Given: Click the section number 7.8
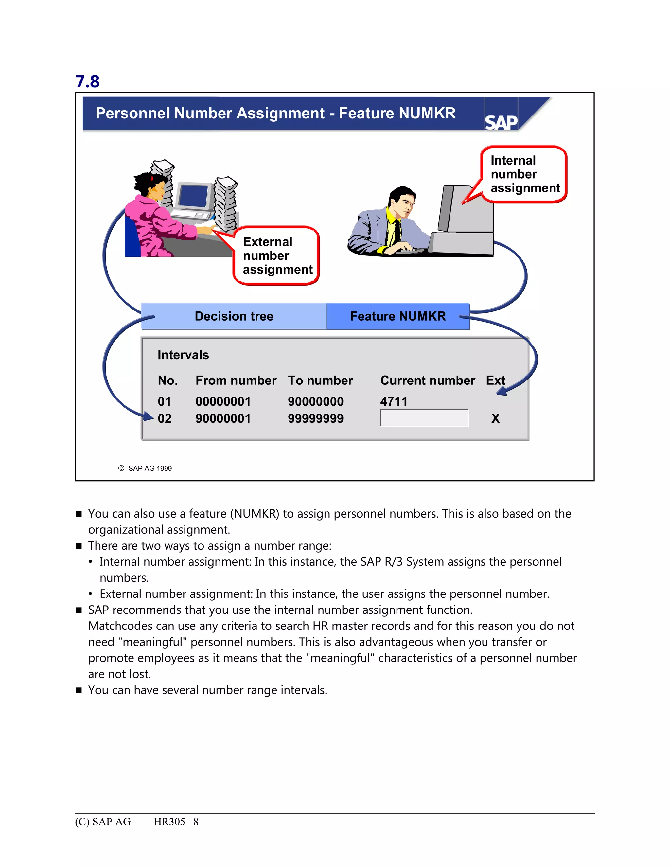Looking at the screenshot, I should [x=87, y=82].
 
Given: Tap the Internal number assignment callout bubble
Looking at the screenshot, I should [x=524, y=174].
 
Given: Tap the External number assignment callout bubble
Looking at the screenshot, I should [x=277, y=256].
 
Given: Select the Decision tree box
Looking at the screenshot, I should [x=234, y=316].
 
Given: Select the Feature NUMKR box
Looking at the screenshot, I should [x=398, y=316].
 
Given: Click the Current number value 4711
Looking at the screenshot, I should [x=394, y=401].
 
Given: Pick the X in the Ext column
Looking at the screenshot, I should [x=495, y=418].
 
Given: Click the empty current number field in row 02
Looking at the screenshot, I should [x=424, y=418].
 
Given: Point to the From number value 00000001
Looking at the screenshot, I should [x=223, y=401].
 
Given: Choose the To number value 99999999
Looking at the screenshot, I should [x=316, y=418].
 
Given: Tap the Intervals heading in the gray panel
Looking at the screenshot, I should [x=183, y=355].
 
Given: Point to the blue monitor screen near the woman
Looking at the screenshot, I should [x=193, y=196].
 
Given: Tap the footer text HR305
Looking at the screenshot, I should [x=169, y=822].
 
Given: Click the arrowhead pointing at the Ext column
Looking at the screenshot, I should [x=502, y=392].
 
